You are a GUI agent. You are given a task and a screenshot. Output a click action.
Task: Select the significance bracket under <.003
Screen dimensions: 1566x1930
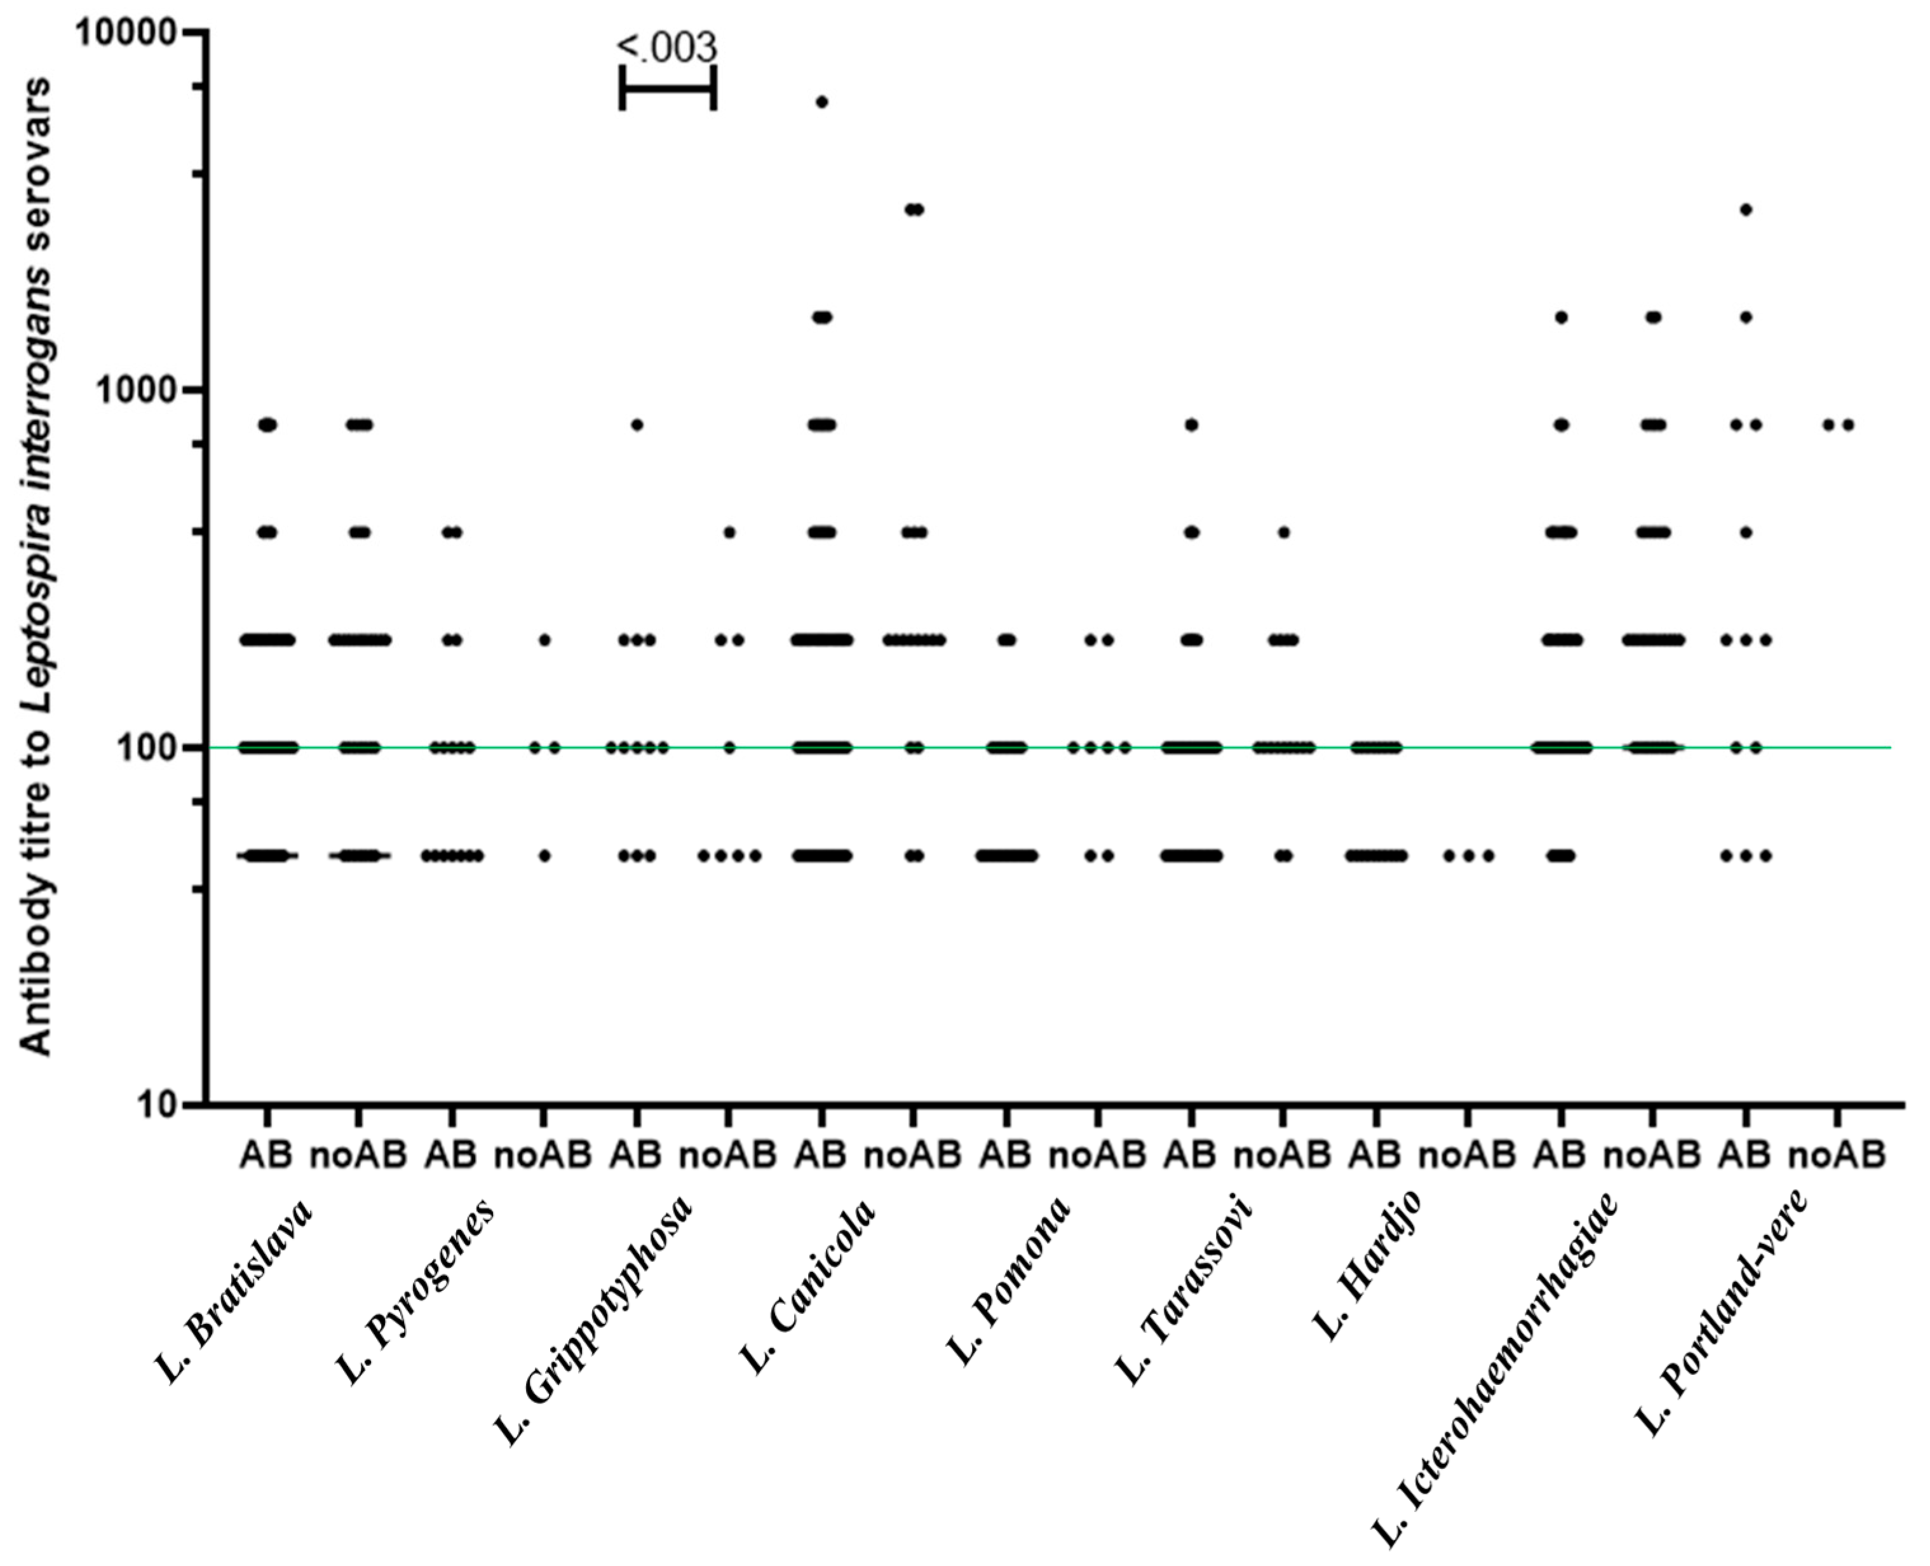click(668, 88)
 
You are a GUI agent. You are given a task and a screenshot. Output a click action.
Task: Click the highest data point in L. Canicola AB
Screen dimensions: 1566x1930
click(821, 102)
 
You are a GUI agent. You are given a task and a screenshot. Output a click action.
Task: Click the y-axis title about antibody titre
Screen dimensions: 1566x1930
click(36, 564)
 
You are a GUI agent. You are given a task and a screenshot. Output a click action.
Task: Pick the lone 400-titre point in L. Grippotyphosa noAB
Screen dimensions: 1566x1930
click(729, 532)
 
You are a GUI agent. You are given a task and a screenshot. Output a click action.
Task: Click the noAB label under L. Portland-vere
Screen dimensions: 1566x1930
click(1837, 1155)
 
